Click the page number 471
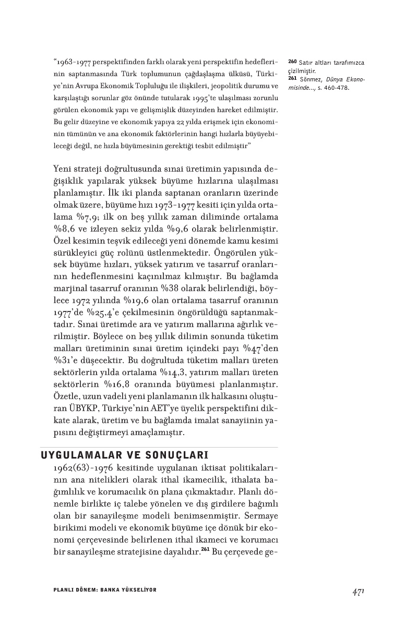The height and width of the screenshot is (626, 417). pyautogui.click(x=358, y=592)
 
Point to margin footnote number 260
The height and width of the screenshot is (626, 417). pyautogui.click(x=292, y=63)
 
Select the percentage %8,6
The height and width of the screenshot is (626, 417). pyautogui.click(x=65, y=228)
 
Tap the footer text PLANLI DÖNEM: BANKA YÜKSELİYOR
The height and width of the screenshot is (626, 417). pyautogui.click(x=105, y=589)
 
